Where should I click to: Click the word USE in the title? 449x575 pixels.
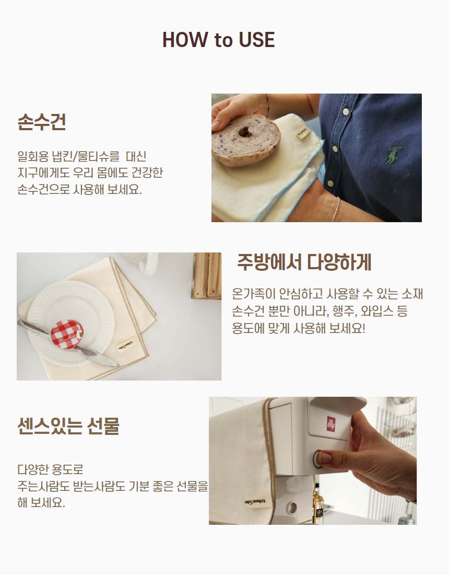[x=257, y=40]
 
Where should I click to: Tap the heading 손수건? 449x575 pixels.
[x=41, y=122]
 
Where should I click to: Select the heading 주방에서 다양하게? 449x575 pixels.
[x=304, y=262]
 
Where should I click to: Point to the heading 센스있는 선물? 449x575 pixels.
[x=68, y=425]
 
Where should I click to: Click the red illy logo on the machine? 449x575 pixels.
[x=331, y=423]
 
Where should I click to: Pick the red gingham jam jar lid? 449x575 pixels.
[x=67, y=335]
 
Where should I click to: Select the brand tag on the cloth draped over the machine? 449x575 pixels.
[x=256, y=502]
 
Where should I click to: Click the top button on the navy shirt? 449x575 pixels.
[x=345, y=111]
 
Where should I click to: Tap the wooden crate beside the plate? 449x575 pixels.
[x=206, y=275]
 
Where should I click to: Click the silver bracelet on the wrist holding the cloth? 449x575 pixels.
[x=336, y=210]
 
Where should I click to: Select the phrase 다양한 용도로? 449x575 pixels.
[x=51, y=469]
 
